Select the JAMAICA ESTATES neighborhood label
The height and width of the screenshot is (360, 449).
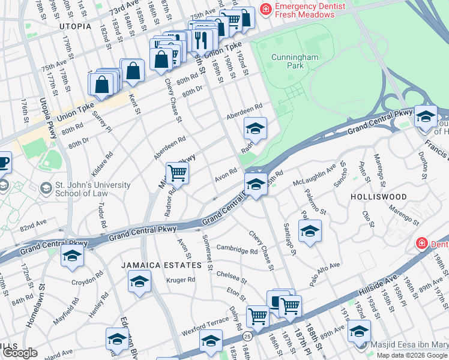pos(160,265)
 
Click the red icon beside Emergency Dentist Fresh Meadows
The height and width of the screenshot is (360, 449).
pos(265,10)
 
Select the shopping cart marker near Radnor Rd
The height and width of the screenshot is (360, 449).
pos(177,173)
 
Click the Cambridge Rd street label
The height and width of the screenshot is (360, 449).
pos(237,250)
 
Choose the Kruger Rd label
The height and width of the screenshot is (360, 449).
pos(181,280)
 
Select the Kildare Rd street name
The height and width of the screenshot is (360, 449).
pos(106,163)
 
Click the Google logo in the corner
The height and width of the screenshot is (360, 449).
pos(20,353)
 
